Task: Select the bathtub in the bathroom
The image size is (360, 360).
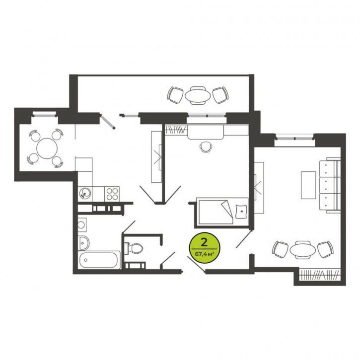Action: (x=99, y=260)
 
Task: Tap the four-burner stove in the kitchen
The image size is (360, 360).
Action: (x=112, y=194)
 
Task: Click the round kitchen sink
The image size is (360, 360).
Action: (x=85, y=193)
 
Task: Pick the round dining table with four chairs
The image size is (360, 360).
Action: (x=47, y=148)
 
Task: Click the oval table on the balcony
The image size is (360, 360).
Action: (x=198, y=95)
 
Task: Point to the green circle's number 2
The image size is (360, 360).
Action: (x=204, y=242)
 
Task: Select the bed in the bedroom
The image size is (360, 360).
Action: (x=221, y=212)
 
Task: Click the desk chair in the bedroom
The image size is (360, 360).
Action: (x=206, y=146)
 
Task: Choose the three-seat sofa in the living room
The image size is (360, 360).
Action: (x=330, y=185)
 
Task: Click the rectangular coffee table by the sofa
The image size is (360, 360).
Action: (x=308, y=185)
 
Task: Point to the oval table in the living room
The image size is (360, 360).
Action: (x=302, y=250)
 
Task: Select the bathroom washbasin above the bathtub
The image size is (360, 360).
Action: (x=83, y=243)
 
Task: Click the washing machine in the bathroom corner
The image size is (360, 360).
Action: (x=82, y=225)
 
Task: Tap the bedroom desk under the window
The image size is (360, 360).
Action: (x=206, y=132)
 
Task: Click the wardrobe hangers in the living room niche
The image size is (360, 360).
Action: (x=320, y=275)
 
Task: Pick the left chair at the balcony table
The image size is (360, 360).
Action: (x=175, y=95)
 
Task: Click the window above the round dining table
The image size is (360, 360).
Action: (x=44, y=114)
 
